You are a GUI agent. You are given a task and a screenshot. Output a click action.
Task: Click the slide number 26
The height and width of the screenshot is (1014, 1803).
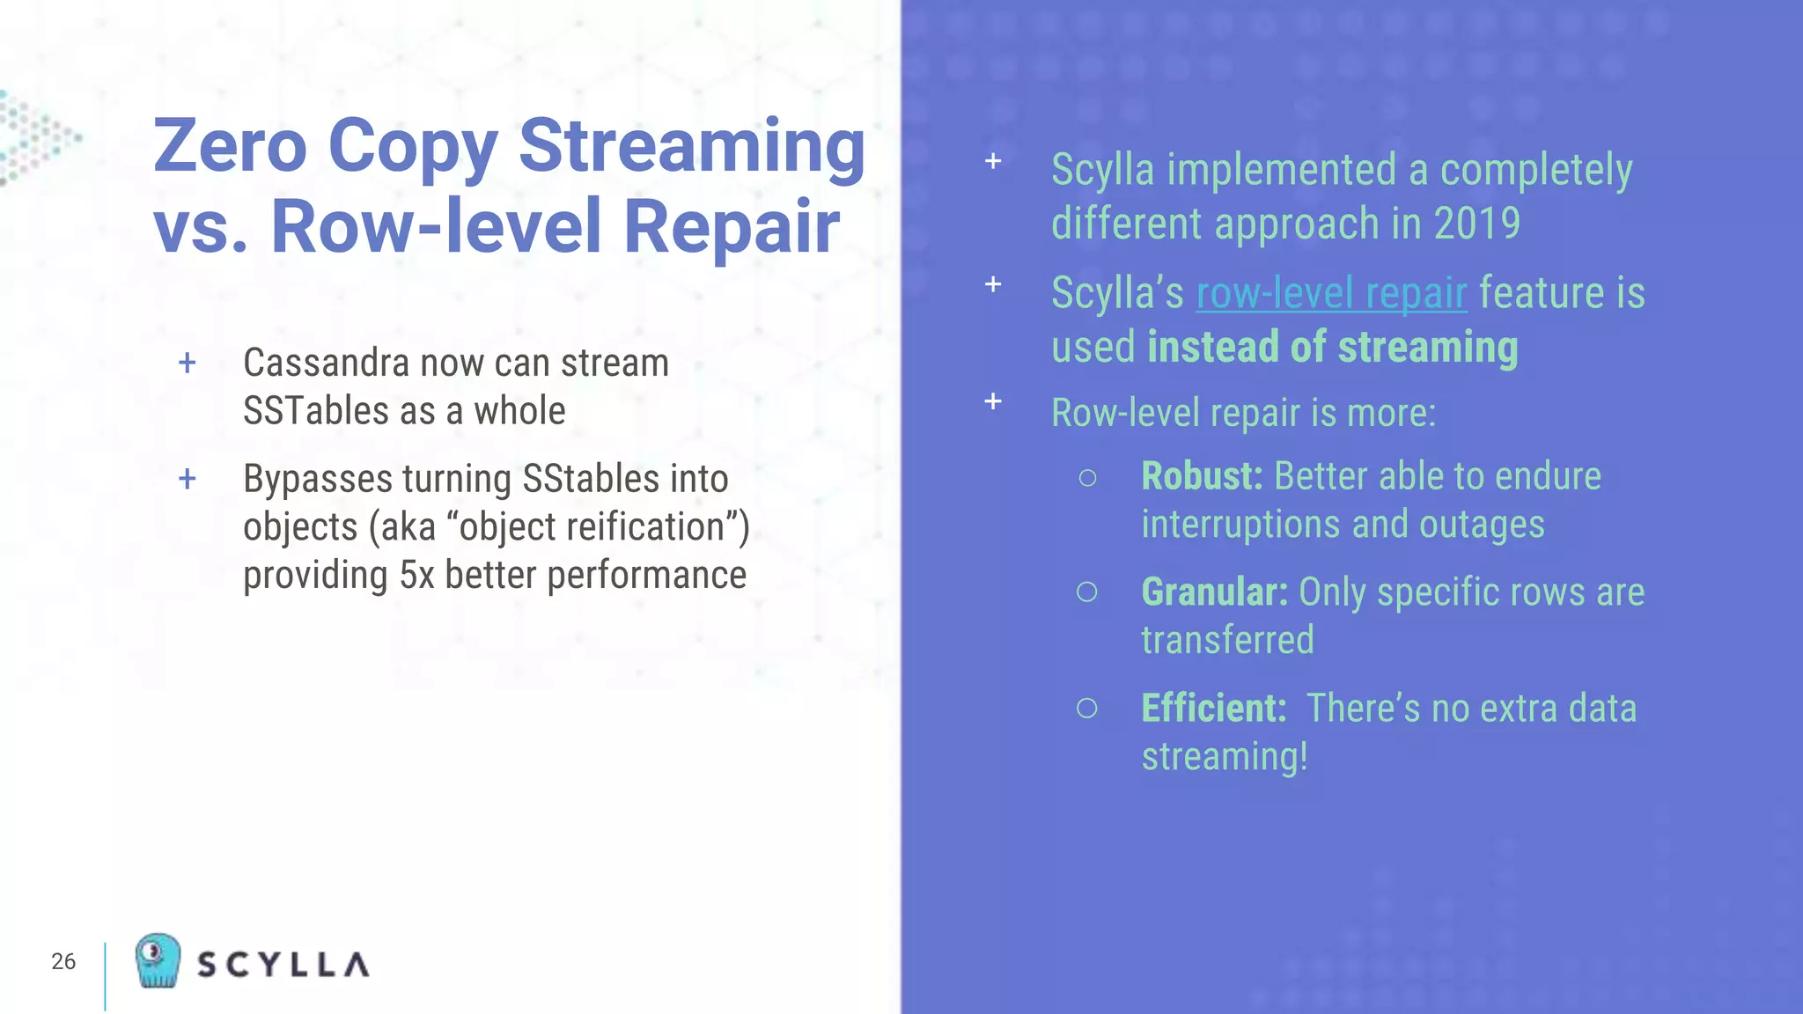(63, 961)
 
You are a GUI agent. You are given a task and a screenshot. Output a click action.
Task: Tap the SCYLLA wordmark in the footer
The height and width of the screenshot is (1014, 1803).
(283, 965)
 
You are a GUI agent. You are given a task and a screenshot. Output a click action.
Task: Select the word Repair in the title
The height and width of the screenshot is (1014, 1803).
(732, 226)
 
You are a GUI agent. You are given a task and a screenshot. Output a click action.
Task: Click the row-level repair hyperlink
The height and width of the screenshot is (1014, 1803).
(1331, 294)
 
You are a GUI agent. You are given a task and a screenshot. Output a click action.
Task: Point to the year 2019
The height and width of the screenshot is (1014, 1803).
(1476, 224)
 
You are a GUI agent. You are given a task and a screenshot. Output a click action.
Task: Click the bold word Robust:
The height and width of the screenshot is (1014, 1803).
(1202, 476)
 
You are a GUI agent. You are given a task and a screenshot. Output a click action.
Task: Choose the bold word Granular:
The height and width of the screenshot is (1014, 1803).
(1214, 592)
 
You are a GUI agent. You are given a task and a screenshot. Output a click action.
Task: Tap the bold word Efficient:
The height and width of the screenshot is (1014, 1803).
(1214, 709)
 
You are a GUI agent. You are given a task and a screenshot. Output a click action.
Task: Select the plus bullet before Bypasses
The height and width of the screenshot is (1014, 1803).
(188, 480)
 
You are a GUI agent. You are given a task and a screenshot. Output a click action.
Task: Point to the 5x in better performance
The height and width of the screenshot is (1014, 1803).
(417, 576)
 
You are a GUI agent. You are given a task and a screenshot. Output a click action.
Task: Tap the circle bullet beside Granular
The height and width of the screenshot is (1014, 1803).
(1087, 592)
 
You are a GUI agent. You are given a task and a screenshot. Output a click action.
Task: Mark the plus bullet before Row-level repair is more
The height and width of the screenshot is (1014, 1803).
(993, 401)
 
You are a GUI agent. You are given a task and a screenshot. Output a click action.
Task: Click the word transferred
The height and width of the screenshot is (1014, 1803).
(1227, 640)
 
